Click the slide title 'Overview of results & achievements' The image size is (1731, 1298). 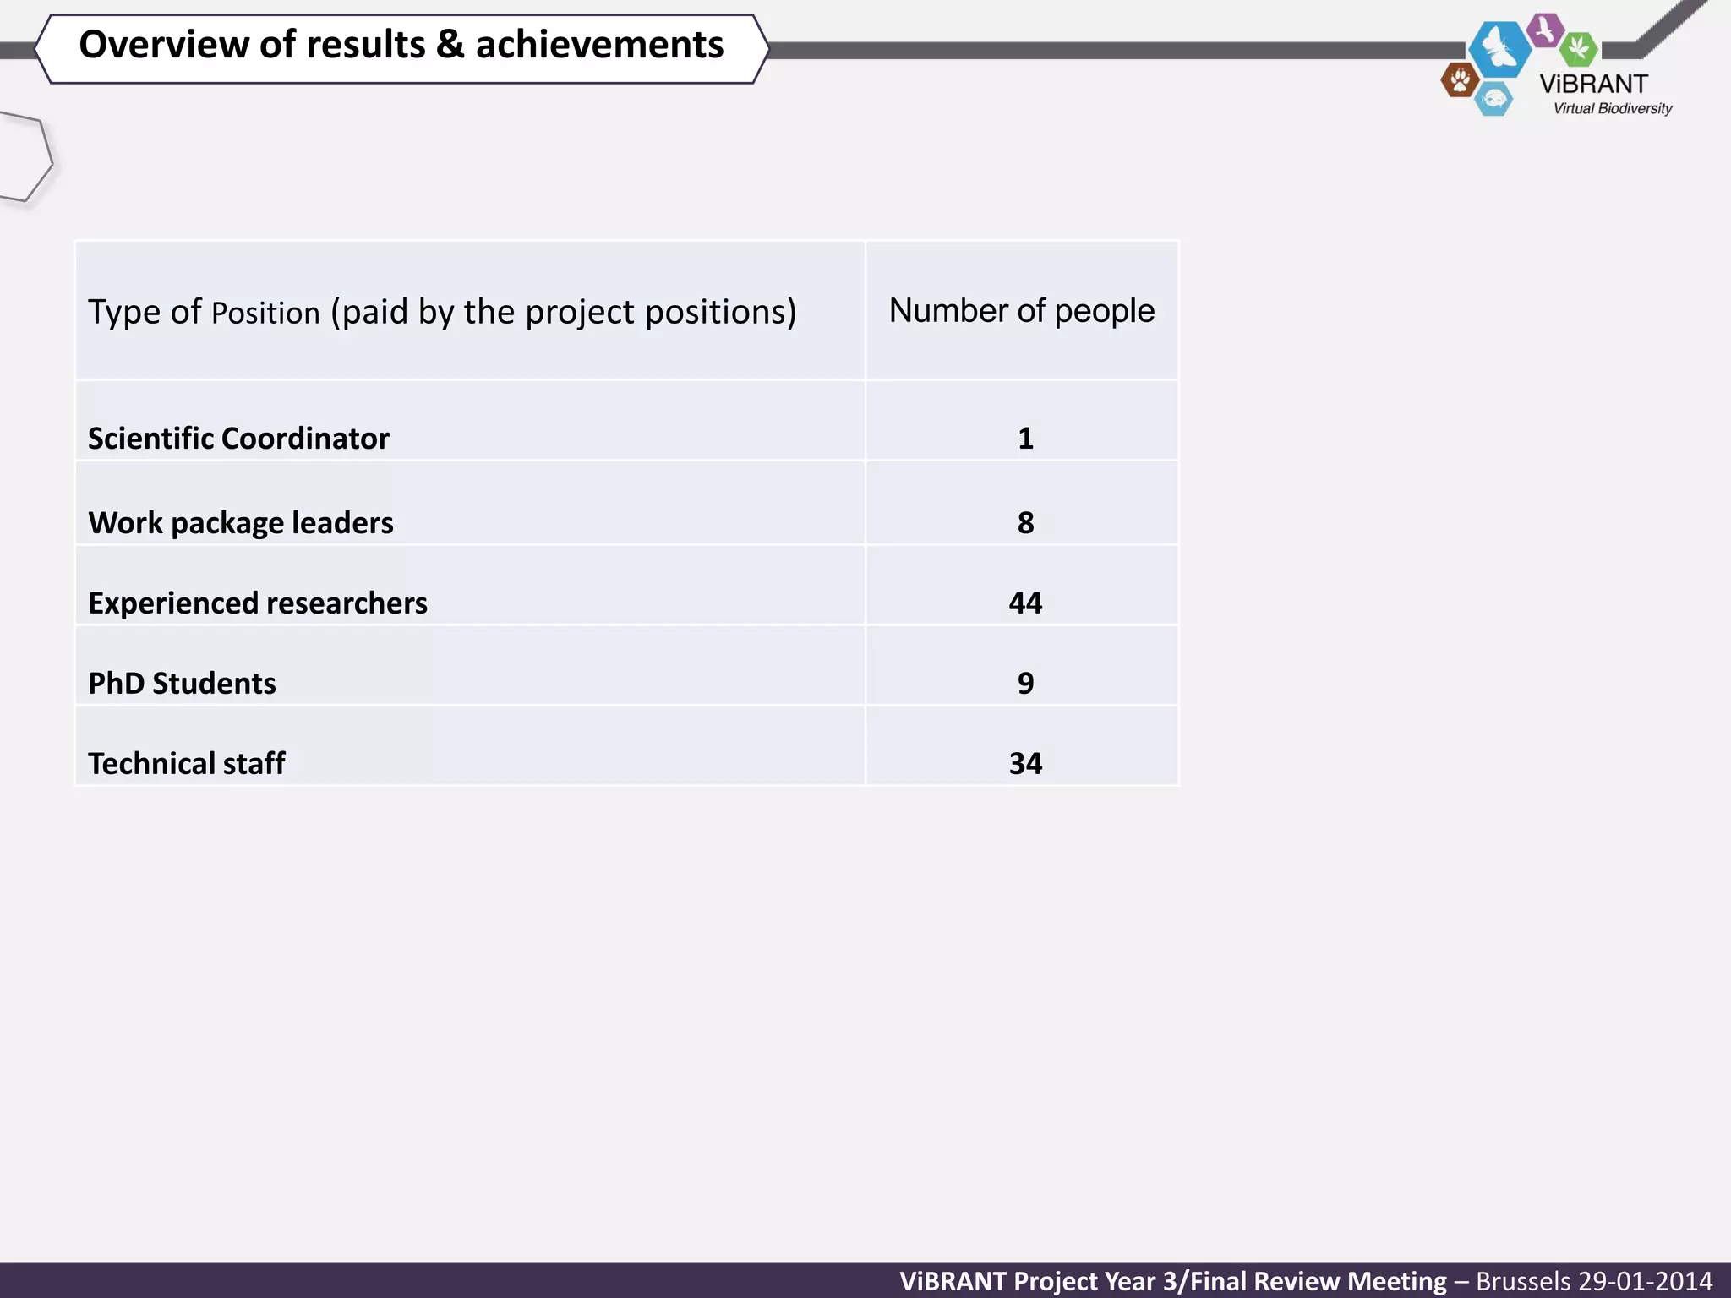tap(401, 46)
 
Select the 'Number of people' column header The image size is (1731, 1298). tap(1021, 311)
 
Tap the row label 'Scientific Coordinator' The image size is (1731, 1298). tap(238, 439)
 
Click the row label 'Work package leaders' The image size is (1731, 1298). tap(241, 523)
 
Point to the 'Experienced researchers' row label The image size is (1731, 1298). tap(258, 603)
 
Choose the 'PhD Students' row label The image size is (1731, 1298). tap(182, 684)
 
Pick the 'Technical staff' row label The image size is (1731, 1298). tap(187, 764)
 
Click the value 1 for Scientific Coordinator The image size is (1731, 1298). tap(1025, 439)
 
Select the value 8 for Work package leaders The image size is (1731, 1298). tap(1025, 523)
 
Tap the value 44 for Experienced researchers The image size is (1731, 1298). tap(1025, 603)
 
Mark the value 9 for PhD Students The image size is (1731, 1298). tap(1025, 684)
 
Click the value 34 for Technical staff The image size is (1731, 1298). tap(1025, 764)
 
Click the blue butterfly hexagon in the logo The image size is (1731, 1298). tap(1499, 48)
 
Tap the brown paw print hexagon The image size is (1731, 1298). tap(1460, 81)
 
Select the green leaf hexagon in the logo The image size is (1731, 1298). tap(1578, 48)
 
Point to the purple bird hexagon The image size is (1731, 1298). tap(1546, 30)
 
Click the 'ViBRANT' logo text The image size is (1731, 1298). tap(1593, 85)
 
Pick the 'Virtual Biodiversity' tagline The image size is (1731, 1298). tap(1612, 109)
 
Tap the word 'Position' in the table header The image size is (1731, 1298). tap(265, 314)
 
